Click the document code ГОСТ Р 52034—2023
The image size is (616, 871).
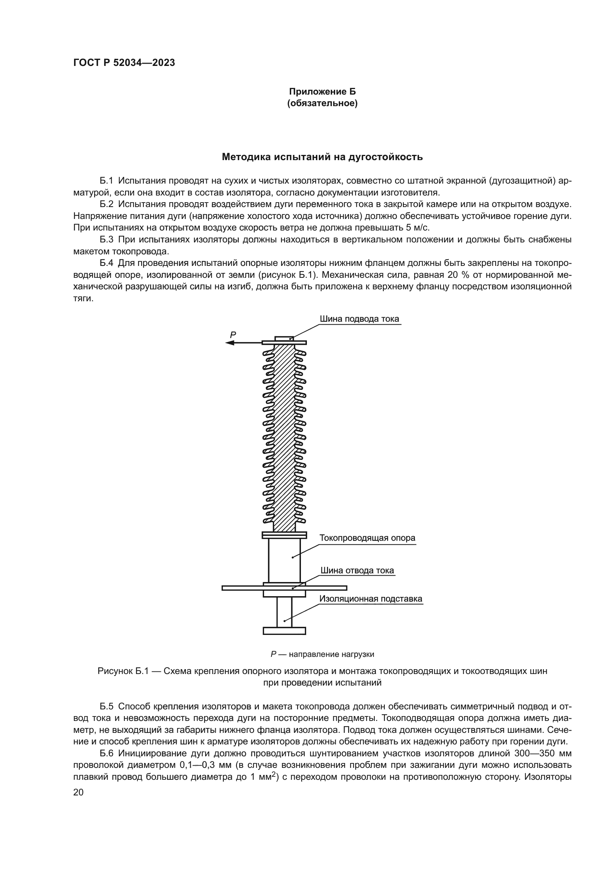coord(124,63)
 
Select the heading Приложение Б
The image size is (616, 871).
coord(323,92)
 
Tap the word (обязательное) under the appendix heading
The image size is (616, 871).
coord(323,104)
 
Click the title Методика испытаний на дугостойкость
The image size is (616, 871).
coord(323,157)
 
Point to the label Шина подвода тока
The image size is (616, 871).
coord(359,319)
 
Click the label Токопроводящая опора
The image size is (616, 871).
coord(367,538)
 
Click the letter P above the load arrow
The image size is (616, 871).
coord(233,335)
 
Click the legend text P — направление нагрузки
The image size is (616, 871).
coord(322,654)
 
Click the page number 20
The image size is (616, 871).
coord(78,792)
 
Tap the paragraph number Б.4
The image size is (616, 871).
coord(107,263)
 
